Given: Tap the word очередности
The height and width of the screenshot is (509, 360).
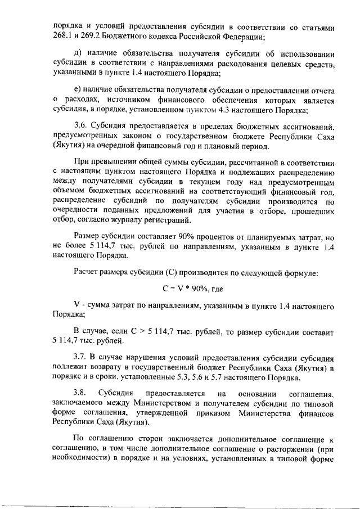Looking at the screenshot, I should tap(78, 210).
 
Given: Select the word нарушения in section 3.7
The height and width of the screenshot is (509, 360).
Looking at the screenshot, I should tap(151, 357).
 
